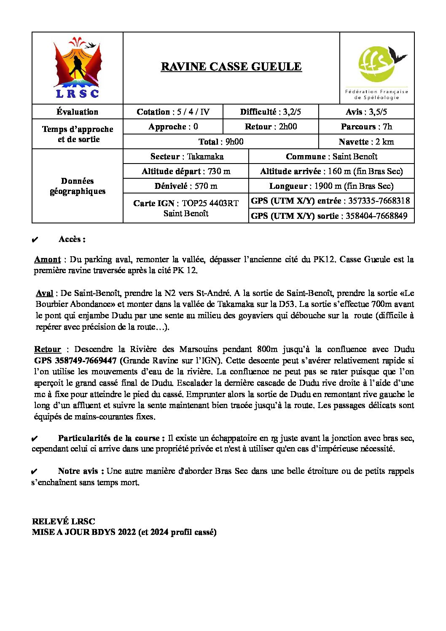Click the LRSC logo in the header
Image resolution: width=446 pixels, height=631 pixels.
78,68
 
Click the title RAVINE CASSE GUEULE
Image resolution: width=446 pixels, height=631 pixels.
231,67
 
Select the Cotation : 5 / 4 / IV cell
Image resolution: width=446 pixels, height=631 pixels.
173,112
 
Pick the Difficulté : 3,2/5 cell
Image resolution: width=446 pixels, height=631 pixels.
270,112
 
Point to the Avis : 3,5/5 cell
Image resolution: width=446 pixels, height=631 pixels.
366,112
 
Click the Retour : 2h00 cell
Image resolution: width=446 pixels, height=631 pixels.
270,127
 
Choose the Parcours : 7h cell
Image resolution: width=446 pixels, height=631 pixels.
366,127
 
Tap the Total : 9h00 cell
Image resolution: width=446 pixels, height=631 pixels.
220,142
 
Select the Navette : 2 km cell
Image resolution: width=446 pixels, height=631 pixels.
366,142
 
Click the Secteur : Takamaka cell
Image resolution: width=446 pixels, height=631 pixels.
186,157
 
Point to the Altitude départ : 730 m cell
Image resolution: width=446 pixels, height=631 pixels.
186,172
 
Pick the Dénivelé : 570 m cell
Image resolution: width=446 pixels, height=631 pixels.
186,186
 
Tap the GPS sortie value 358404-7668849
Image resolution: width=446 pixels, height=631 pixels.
376,216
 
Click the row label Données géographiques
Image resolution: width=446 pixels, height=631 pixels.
78,186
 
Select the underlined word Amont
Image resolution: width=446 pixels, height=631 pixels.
47,260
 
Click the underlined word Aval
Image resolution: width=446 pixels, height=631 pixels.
44,293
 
